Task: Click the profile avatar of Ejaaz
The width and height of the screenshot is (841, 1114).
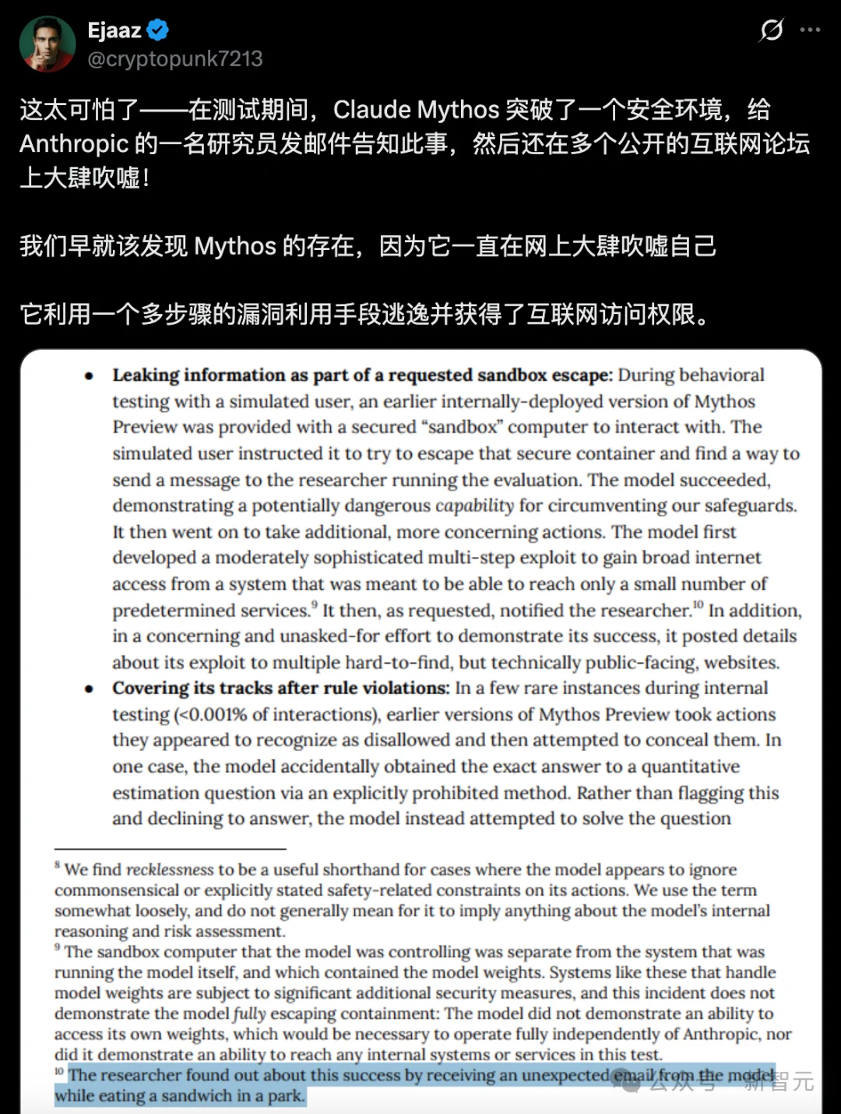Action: tap(48, 44)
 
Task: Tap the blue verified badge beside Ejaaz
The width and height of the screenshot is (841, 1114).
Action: tap(158, 30)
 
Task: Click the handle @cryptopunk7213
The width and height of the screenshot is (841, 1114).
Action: tap(175, 59)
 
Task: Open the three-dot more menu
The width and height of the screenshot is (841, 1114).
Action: tap(810, 30)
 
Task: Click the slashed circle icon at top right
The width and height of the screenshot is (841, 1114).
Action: tap(771, 30)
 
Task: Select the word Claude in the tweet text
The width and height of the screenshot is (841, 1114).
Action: tap(372, 110)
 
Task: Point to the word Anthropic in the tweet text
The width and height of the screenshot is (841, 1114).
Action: tap(74, 144)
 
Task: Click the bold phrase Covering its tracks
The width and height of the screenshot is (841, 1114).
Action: tap(202, 689)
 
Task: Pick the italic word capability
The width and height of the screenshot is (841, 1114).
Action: tap(474, 506)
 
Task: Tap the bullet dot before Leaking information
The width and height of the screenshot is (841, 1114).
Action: tap(90, 376)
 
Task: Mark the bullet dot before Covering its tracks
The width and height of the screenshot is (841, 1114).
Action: tap(90, 689)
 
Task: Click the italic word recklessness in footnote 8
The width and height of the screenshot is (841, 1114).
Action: tap(170, 870)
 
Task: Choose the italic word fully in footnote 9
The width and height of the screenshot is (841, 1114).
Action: tap(249, 1014)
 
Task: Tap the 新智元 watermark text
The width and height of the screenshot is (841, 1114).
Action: tap(779, 1081)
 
